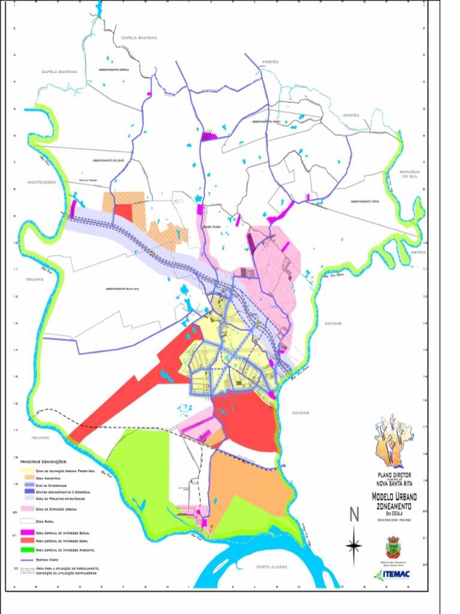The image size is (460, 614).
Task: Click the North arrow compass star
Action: point(354,544)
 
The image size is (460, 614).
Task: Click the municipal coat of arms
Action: point(393,547)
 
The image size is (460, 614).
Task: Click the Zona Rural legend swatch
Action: point(27,521)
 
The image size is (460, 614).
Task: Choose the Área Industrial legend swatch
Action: point(27,478)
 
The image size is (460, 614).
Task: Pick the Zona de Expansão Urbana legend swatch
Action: point(27,508)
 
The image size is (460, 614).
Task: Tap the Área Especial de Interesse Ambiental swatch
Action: point(27,549)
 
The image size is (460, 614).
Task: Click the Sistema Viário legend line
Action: point(27,559)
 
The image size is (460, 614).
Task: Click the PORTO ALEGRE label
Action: point(273,567)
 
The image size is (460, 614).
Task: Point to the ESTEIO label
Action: point(417,252)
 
